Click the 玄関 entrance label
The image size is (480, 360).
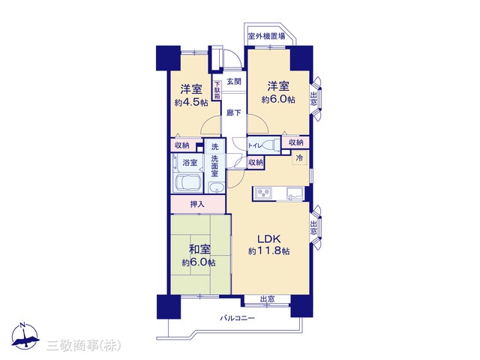pos(234,82)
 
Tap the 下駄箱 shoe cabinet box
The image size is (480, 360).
pos(217,90)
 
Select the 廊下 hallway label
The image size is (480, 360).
pos(234,113)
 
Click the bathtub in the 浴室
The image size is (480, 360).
pos(187,182)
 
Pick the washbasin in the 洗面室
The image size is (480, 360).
pos(217,187)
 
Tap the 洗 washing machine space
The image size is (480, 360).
pos(215,147)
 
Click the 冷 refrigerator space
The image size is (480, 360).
pos(299,158)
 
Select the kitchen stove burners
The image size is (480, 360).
pos(263,193)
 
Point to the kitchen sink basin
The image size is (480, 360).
pos(295,193)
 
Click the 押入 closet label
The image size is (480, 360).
pos(197,204)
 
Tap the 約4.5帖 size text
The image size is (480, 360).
pos(191,103)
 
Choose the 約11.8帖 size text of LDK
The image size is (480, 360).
pos(268,251)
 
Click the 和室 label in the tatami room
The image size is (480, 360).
pos(200,250)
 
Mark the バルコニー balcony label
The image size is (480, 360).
pos(237,318)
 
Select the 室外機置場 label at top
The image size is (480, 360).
pos(266,36)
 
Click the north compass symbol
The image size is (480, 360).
pos(25,336)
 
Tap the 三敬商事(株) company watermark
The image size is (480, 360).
pos(83,346)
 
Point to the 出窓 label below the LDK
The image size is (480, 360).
pos(267,299)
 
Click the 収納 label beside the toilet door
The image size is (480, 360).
pos(256,162)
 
